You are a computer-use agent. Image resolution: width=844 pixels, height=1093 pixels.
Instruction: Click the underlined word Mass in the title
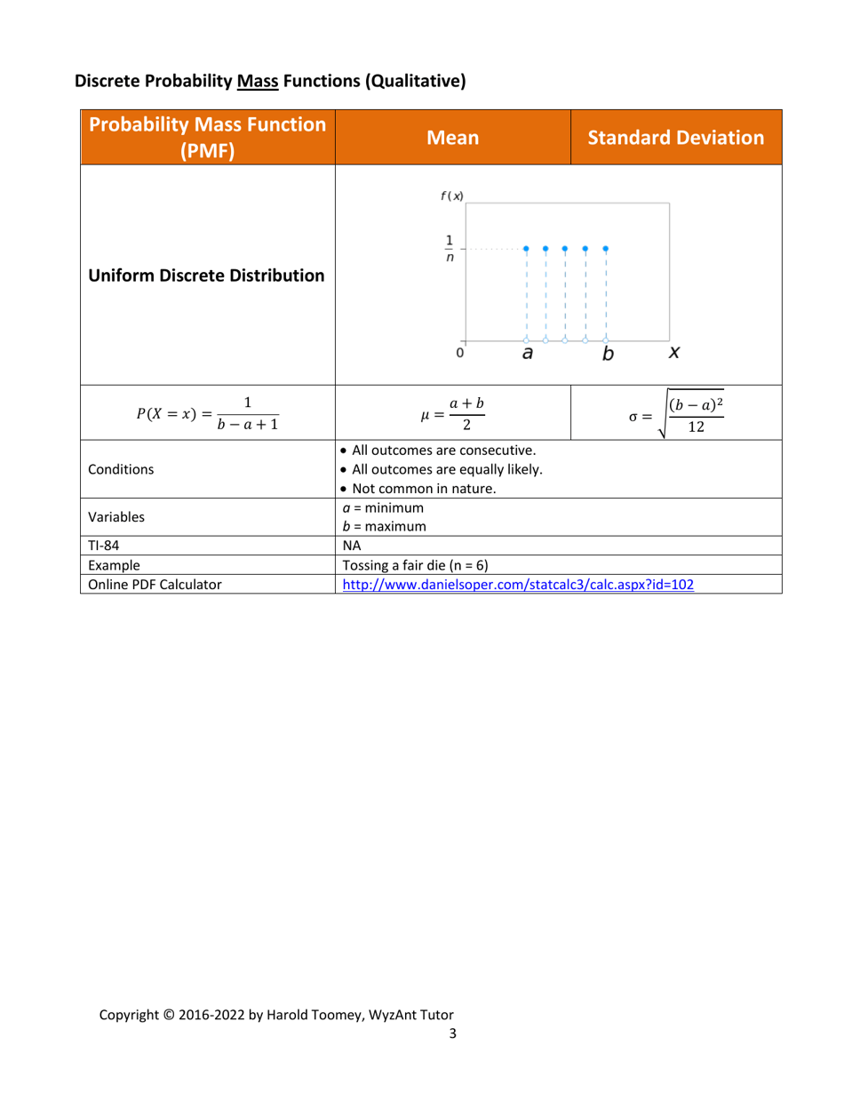pyautogui.click(x=258, y=82)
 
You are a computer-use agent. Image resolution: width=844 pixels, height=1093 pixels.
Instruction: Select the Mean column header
pyautogui.click(x=452, y=138)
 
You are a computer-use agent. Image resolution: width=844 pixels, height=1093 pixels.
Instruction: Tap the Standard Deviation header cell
pyautogui.click(x=675, y=138)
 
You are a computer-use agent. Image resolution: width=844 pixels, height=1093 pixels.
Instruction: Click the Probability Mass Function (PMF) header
pyautogui.click(x=207, y=137)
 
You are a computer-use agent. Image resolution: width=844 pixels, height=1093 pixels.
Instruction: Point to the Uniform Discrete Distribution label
pyautogui.click(x=206, y=275)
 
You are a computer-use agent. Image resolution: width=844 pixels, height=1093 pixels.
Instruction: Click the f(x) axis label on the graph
pyautogui.click(x=451, y=195)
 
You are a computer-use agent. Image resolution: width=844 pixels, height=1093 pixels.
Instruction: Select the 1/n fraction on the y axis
pyautogui.click(x=449, y=248)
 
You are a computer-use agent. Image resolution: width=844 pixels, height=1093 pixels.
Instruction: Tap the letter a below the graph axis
pyautogui.click(x=527, y=354)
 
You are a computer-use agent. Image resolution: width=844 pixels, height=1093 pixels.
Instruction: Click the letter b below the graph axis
pyautogui.click(x=608, y=354)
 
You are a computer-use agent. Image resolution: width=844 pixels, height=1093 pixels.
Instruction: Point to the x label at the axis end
pyautogui.click(x=674, y=353)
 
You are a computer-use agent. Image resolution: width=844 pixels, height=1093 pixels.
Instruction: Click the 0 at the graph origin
pyautogui.click(x=459, y=353)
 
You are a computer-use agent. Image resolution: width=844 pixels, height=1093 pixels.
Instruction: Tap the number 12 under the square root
pyautogui.click(x=697, y=426)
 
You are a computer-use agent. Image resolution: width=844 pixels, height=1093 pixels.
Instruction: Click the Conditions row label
pyautogui.click(x=120, y=471)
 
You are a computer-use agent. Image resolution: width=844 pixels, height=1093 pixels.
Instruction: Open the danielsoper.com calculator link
pyautogui.click(x=518, y=585)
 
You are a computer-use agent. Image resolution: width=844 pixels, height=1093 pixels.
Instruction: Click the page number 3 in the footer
pyautogui.click(x=452, y=1033)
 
